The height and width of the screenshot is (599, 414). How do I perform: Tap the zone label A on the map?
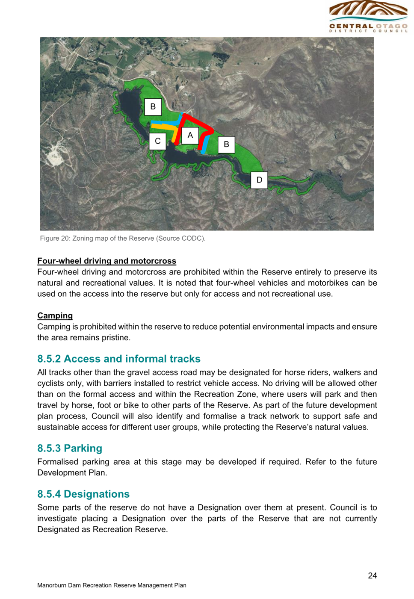[190, 136]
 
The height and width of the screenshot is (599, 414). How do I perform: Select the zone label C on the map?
[157, 141]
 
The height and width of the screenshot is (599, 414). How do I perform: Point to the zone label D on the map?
[259, 180]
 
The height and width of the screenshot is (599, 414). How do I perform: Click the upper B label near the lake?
[153, 107]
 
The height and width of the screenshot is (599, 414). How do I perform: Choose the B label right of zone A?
[227, 145]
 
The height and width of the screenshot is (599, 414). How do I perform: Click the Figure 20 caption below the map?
[122, 238]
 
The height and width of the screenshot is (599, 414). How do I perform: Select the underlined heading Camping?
[55, 316]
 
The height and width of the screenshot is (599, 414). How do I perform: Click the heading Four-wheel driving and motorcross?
[106, 261]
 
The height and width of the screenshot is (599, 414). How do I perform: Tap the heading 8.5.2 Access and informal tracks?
[119, 359]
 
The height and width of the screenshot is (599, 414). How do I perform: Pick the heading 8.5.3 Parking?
[70, 448]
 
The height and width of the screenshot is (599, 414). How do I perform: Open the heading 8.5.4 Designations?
[83, 494]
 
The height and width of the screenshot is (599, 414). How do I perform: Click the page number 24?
[372, 575]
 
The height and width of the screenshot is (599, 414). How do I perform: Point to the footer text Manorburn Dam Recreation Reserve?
[112, 585]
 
